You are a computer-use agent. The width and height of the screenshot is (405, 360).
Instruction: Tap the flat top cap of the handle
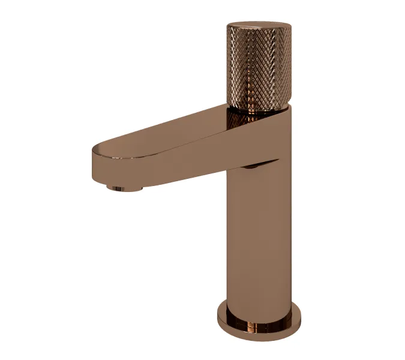coord(259,26)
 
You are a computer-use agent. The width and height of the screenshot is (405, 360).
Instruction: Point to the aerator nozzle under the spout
coord(125,188)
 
